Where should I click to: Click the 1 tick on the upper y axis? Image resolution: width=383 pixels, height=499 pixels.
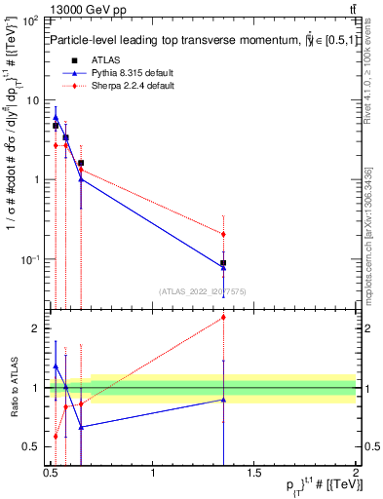[x=37, y=179]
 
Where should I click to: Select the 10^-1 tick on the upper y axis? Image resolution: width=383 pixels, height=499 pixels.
[x=32, y=259]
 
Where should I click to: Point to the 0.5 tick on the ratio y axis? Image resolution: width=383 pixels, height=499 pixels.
[x=32, y=446]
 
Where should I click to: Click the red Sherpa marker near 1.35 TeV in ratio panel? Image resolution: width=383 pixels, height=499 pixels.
[x=224, y=317]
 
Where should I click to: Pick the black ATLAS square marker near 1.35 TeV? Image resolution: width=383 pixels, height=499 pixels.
[x=224, y=263]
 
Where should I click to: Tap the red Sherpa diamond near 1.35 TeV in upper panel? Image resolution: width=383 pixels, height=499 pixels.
[x=224, y=234]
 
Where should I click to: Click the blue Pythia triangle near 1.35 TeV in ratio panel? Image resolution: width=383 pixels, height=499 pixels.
[x=224, y=400]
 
